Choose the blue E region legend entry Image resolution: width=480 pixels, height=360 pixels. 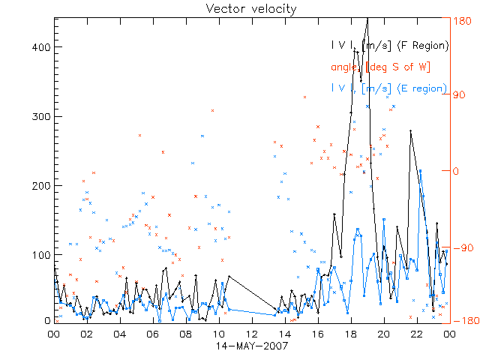389,88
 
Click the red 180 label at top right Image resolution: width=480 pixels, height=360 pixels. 464,21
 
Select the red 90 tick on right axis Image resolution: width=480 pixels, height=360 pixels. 461,96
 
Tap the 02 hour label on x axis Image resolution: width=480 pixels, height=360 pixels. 87,334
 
